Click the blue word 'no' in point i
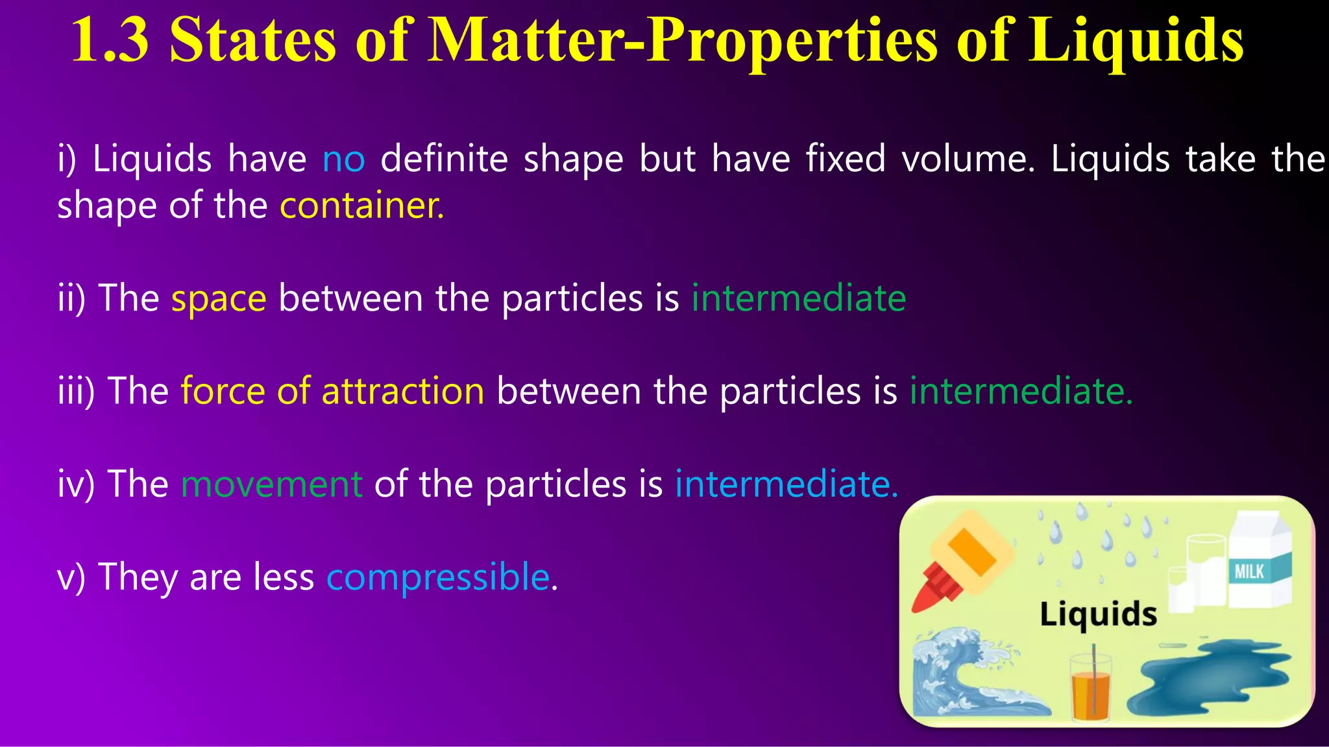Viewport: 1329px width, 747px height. click(x=343, y=160)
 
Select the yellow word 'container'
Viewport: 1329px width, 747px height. click(x=361, y=206)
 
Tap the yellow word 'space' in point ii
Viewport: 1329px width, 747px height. click(x=219, y=300)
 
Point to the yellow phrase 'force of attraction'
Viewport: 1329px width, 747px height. click(x=332, y=392)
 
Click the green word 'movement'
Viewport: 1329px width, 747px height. click(x=271, y=484)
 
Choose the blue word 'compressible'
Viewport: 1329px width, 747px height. click(x=438, y=577)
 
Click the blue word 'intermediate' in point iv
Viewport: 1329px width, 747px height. click(x=786, y=484)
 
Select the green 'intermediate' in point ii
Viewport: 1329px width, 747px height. click(x=798, y=299)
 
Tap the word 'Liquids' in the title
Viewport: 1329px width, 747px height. click(x=1136, y=40)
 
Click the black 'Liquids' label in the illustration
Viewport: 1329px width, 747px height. click(x=1098, y=613)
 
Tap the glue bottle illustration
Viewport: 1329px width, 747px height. click(x=960, y=564)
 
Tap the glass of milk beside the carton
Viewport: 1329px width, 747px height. click(x=1204, y=574)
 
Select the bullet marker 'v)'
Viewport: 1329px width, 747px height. click(x=71, y=577)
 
